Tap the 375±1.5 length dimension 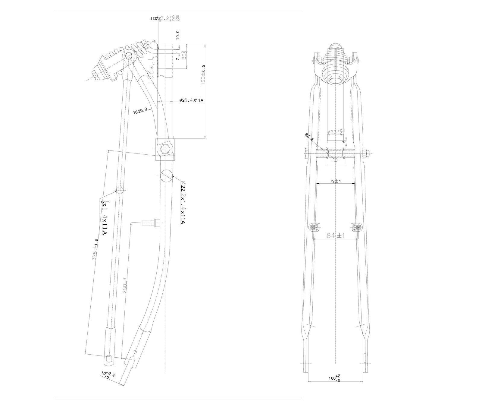[95, 250]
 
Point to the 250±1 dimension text [125, 286]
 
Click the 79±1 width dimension [335, 181]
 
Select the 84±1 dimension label [336, 236]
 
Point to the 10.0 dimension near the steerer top [177, 35]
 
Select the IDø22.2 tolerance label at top [165, 19]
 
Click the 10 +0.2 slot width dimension [108, 375]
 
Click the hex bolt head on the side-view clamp [165, 150]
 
